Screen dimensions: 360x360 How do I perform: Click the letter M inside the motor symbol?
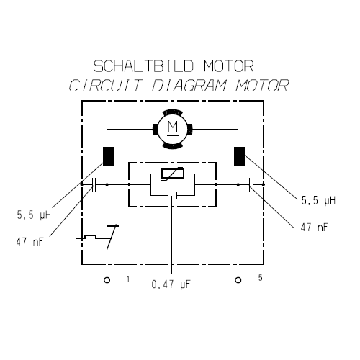173,127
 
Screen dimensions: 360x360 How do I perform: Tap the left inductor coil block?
108,156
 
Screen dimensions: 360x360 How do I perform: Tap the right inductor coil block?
239,156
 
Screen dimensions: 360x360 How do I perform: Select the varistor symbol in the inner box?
173,174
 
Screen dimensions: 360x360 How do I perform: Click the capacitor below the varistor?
172,196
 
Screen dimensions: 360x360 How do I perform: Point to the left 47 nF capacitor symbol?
94,185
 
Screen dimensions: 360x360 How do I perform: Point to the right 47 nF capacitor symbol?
251,185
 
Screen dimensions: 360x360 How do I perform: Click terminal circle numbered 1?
107,280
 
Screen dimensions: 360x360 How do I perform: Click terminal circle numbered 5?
238,280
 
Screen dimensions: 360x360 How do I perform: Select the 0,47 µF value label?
171,284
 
